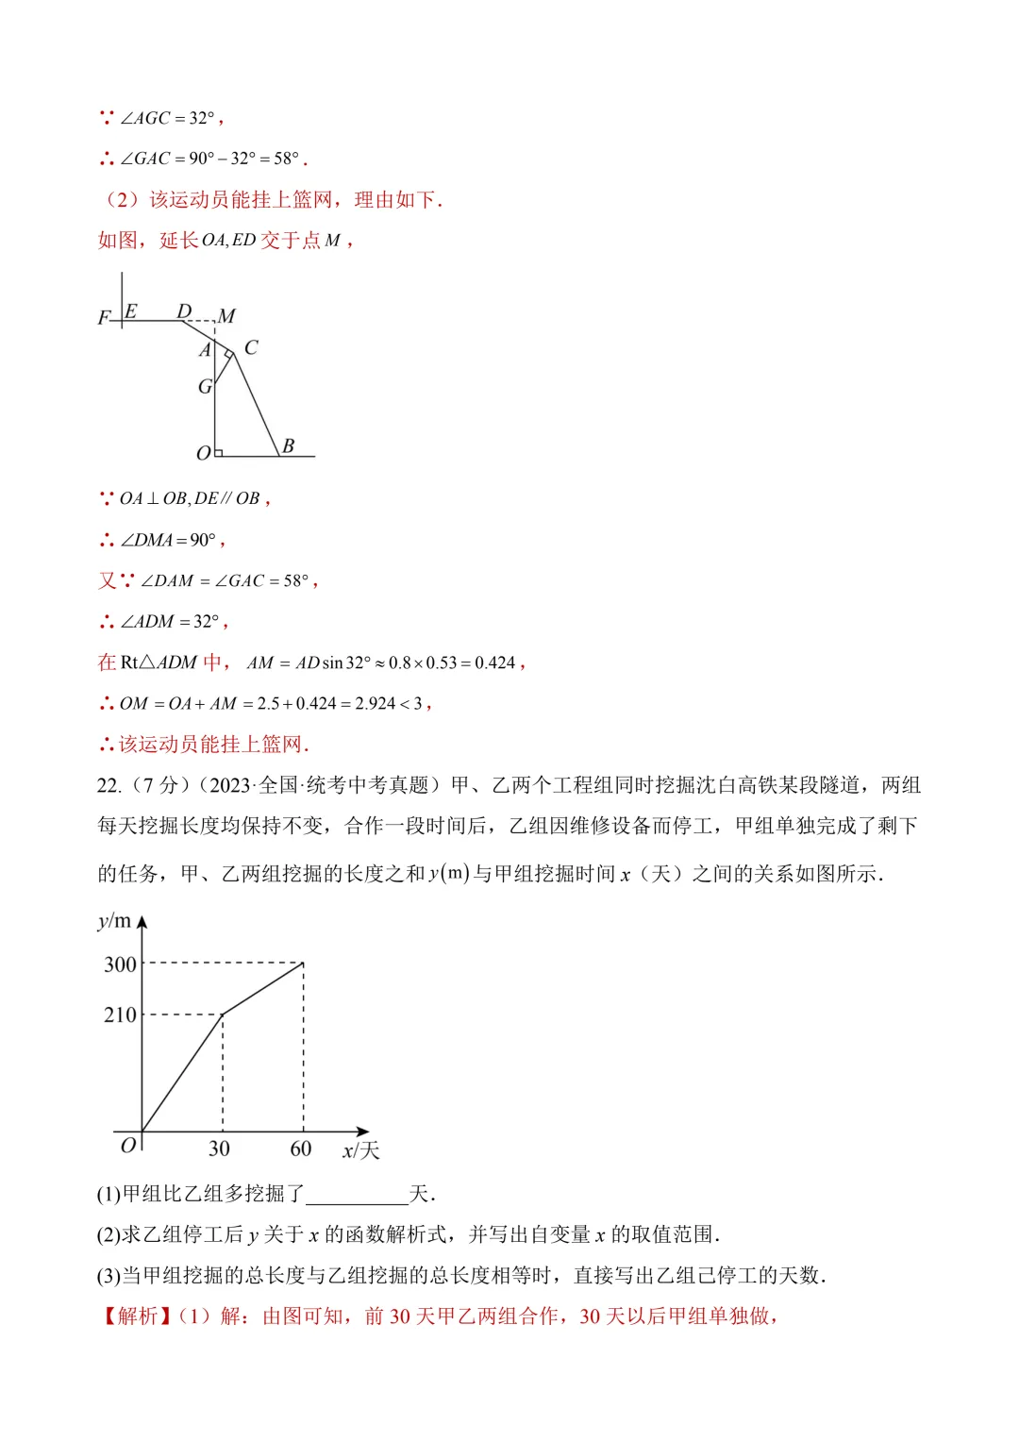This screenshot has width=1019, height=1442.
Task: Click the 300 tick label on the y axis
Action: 120,964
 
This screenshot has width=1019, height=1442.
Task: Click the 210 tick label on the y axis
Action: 120,1015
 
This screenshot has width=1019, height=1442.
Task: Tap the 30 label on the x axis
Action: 219,1149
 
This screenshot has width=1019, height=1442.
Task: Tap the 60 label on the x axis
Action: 300,1149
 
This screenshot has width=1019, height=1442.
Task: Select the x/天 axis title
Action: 360,1150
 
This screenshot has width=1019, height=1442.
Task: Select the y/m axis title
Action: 114,921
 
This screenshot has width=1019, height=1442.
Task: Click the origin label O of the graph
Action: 128,1145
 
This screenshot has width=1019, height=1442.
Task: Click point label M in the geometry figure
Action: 226,316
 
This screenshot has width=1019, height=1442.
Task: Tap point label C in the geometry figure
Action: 251,347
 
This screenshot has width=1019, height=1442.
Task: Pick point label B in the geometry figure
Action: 289,445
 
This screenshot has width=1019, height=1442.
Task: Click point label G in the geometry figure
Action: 205,386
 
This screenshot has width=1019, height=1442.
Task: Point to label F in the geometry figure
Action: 104,318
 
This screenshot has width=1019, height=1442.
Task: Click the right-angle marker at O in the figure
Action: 219,452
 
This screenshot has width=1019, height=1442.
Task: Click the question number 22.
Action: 109,785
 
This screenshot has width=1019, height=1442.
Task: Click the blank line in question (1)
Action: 357,1195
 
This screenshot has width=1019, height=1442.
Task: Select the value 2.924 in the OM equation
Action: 375,703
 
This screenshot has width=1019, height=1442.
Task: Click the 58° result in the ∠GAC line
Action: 286,159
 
